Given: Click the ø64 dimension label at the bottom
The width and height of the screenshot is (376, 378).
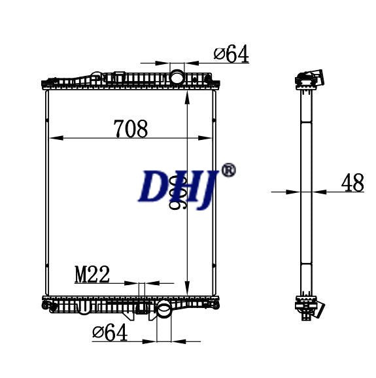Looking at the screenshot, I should click(x=110, y=333).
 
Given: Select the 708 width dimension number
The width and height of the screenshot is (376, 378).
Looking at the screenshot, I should click(x=131, y=129).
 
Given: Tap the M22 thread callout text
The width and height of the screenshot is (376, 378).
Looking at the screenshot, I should click(x=92, y=275).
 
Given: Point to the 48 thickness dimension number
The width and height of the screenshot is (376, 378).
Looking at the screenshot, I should click(x=352, y=184).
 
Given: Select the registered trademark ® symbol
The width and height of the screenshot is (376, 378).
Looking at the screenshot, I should click(x=228, y=170).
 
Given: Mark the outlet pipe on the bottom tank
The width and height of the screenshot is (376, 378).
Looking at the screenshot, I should click(x=163, y=311).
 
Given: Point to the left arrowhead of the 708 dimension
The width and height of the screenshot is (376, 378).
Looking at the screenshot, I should click(x=54, y=138).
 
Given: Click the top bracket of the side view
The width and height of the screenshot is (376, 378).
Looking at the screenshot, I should click(x=308, y=79).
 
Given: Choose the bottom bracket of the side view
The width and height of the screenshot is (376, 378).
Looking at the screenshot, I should click(x=309, y=307).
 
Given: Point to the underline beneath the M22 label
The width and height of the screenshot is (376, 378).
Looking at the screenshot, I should click(x=92, y=284).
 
